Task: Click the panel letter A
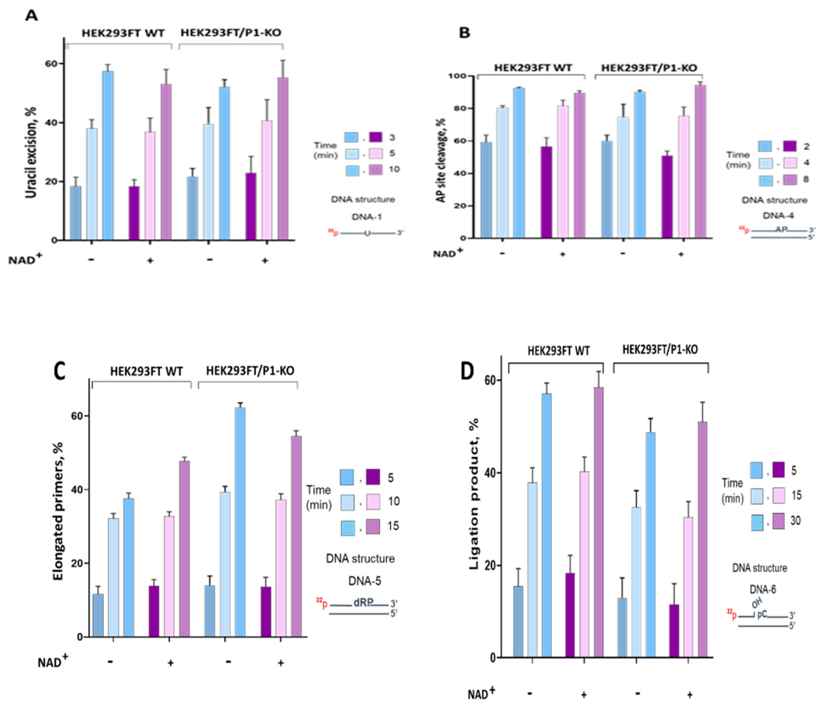(31, 16)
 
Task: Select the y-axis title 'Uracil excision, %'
(31, 152)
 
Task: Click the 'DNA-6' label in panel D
(763, 589)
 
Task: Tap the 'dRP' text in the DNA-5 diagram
(363, 603)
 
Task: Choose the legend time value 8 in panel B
(806, 179)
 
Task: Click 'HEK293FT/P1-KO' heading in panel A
(231, 32)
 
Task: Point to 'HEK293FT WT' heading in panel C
(146, 372)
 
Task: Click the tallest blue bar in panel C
(240, 522)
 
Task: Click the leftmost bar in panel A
(76, 213)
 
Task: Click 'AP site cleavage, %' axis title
(442, 160)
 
